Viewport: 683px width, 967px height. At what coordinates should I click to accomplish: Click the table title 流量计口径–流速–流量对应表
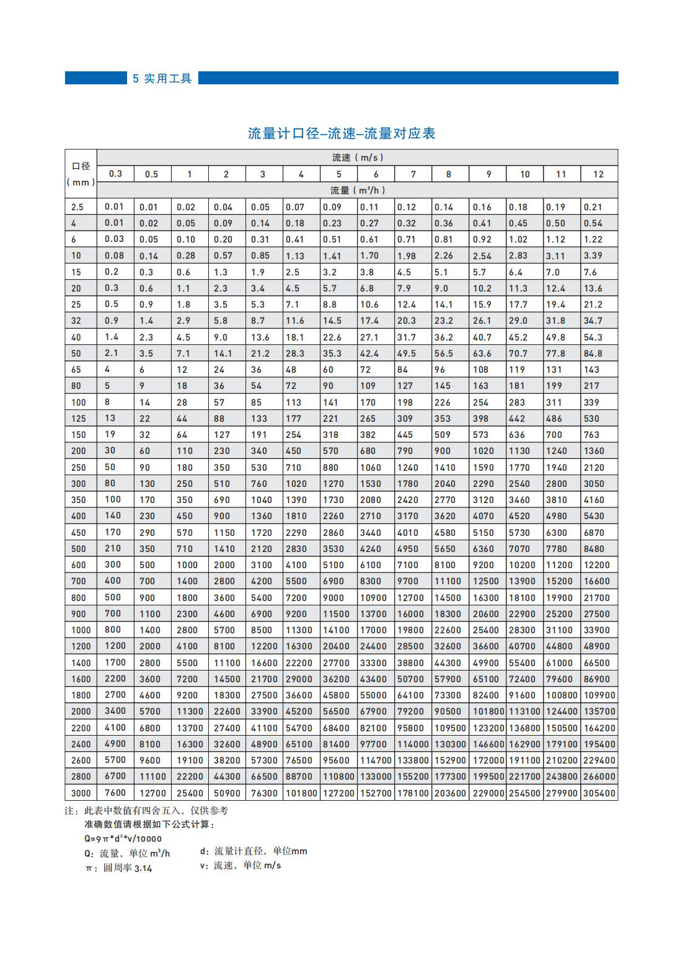click(x=341, y=133)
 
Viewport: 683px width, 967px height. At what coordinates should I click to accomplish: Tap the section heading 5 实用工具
click(x=162, y=78)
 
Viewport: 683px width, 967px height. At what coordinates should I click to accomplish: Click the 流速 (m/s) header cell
click(x=357, y=158)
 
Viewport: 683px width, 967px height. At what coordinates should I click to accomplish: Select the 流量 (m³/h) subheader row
click(x=357, y=190)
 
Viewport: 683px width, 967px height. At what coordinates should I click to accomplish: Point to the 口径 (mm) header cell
click(x=81, y=174)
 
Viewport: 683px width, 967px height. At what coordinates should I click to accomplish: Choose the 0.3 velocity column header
click(x=115, y=174)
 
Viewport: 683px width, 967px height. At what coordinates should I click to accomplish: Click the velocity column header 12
click(x=598, y=174)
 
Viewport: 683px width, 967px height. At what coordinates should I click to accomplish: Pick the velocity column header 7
click(x=413, y=174)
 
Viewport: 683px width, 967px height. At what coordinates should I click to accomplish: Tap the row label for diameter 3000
click(x=81, y=793)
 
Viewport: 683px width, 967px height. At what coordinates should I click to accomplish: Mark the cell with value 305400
click(x=599, y=793)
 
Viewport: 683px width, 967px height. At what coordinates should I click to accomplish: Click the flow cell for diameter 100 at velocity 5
click(x=331, y=403)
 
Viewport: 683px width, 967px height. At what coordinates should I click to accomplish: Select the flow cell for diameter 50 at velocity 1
click(x=183, y=354)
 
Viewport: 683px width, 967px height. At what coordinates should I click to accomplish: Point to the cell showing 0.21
click(x=593, y=207)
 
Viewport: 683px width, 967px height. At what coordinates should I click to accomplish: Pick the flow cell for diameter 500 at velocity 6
click(x=372, y=549)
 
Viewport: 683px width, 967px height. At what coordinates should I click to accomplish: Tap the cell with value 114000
click(x=413, y=744)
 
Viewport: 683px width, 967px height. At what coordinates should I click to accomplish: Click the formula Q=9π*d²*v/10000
click(x=123, y=839)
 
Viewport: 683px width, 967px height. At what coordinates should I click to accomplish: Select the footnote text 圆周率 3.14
click(x=127, y=868)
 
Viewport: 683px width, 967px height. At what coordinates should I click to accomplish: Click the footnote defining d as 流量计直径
click(x=253, y=852)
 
